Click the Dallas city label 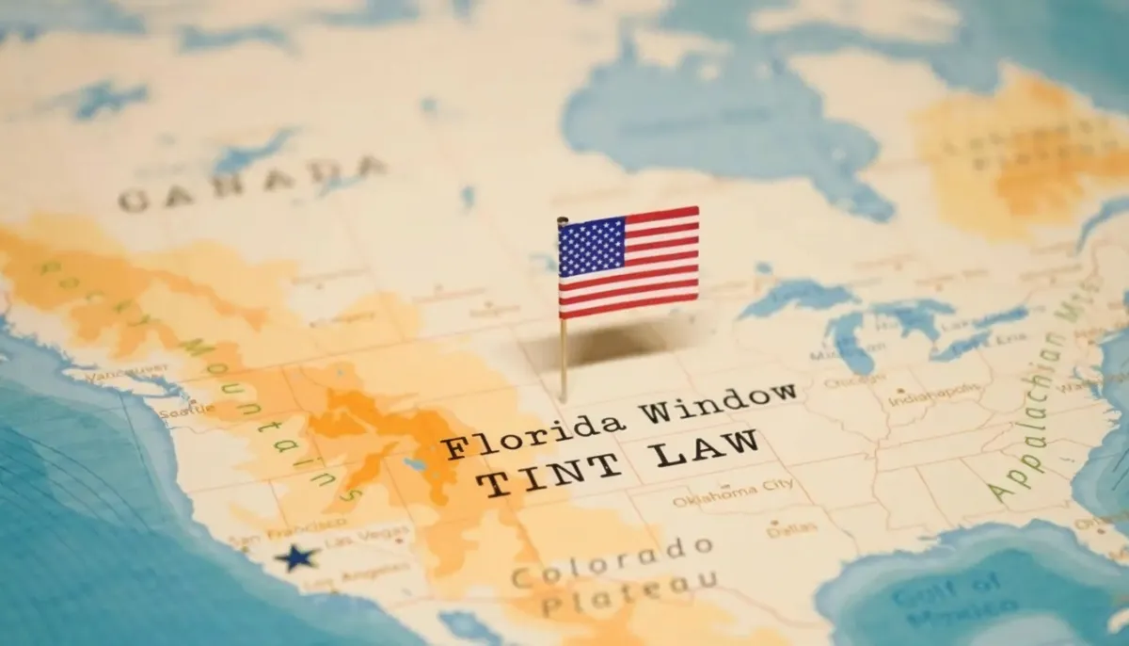(x=778, y=529)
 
